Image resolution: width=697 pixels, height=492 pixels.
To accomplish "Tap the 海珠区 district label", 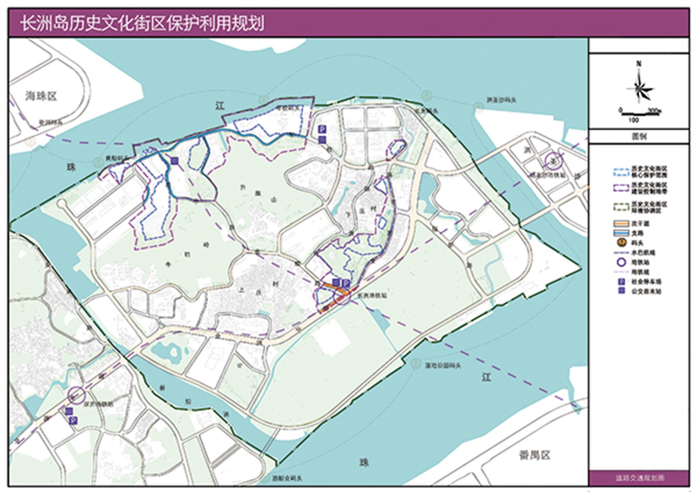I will [41, 96].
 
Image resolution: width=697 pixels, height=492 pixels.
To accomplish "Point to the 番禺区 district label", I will [534, 455].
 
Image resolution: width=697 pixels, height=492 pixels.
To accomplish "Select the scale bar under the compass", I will [639, 111].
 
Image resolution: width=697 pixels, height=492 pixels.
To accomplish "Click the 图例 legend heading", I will [639, 136].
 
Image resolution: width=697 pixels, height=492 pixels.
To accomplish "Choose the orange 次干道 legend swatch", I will [621, 223].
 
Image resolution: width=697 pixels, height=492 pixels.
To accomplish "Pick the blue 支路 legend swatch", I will [621, 233].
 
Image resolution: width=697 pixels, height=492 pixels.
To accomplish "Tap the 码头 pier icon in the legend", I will [622, 243].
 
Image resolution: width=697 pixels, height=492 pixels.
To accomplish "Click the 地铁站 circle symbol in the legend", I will [621, 262].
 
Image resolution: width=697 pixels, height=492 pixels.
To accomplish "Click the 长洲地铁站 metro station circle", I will [343, 295].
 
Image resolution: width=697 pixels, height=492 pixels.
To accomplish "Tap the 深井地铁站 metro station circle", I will [76, 395].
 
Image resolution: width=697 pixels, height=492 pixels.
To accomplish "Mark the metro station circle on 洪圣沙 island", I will [552, 160].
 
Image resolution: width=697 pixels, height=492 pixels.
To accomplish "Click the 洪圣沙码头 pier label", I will [501, 100].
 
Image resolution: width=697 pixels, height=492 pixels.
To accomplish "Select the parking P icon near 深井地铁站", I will [73, 421].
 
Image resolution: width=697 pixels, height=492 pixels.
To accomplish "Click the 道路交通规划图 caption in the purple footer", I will [639, 478].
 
